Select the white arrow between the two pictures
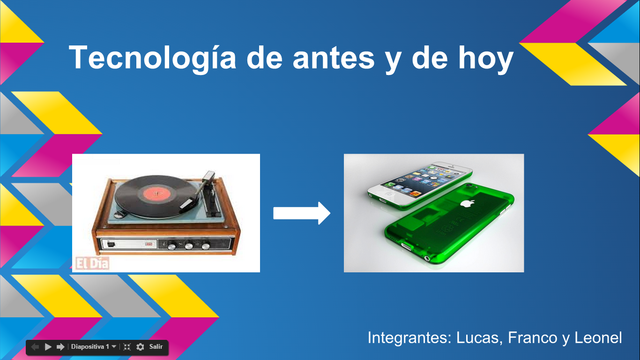302,213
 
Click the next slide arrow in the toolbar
60,347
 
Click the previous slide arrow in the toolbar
35,347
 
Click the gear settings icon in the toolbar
140,347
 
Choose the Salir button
156,347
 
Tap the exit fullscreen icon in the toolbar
127,347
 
